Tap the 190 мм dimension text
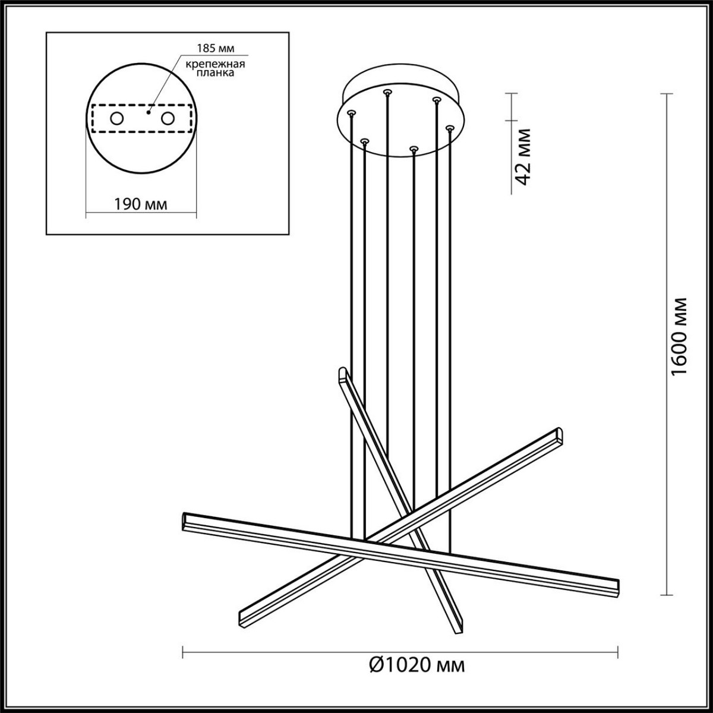click(x=140, y=204)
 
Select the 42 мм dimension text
click(x=522, y=157)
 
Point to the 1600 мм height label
click(x=678, y=336)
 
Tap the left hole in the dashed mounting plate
click(x=116, y=119)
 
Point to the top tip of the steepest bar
click(x=342, y=373)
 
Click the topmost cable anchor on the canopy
click(x=387, y=92)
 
